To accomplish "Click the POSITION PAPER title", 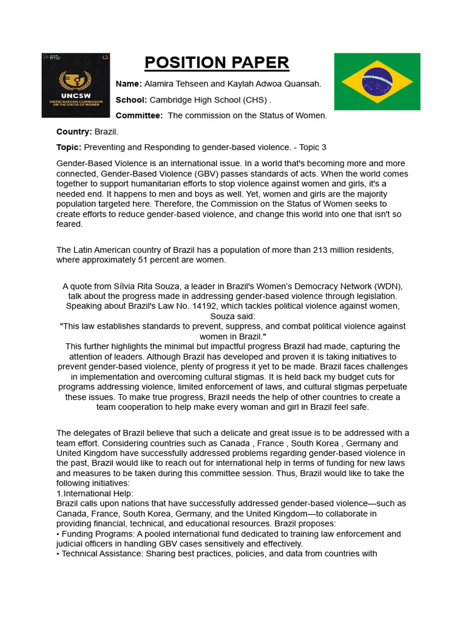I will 217,62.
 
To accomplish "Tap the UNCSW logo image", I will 76,85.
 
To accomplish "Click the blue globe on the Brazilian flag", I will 377,81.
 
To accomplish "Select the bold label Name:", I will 129,84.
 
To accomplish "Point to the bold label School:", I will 131,99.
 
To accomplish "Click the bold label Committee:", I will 139,115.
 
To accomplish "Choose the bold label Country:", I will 74,132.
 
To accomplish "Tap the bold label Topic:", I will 69,147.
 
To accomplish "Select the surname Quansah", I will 303,84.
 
